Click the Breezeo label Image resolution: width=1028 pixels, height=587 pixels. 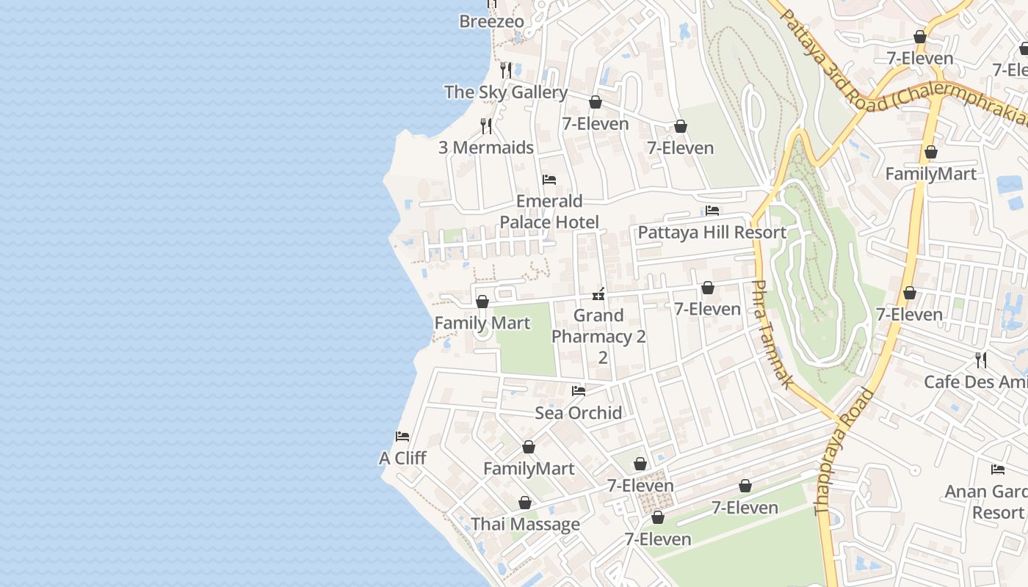point(491,21)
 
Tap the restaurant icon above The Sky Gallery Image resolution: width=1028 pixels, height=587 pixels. point(506,70)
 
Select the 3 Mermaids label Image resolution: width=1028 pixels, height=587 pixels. point(485,147)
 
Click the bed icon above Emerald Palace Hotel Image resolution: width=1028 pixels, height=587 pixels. point(549,180)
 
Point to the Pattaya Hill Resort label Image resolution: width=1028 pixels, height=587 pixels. point(712,233)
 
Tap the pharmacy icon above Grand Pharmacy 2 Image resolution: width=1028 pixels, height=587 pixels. point(598,294)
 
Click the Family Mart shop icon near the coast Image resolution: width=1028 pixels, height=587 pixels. point(482,302)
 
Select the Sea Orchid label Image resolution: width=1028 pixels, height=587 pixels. point(578,412)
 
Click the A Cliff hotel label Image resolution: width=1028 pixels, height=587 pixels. point(402,459)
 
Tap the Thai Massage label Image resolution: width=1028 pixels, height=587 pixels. point(525,525)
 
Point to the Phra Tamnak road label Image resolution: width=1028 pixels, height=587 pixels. point(772,334)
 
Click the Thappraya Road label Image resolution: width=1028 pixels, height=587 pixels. point(845,451)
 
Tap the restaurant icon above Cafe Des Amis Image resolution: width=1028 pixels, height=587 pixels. point(980,360)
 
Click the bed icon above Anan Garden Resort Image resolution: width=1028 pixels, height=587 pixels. point(997,470)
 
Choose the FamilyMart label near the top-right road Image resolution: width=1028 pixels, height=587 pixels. point(930,174)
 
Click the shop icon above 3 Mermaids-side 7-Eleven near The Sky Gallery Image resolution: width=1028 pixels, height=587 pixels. point(596,102)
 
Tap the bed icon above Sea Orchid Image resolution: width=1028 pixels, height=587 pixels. point(579,391)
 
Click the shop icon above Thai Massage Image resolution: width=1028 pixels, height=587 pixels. point(525,503)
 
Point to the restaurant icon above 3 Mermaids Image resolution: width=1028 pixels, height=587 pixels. point(486,125)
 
